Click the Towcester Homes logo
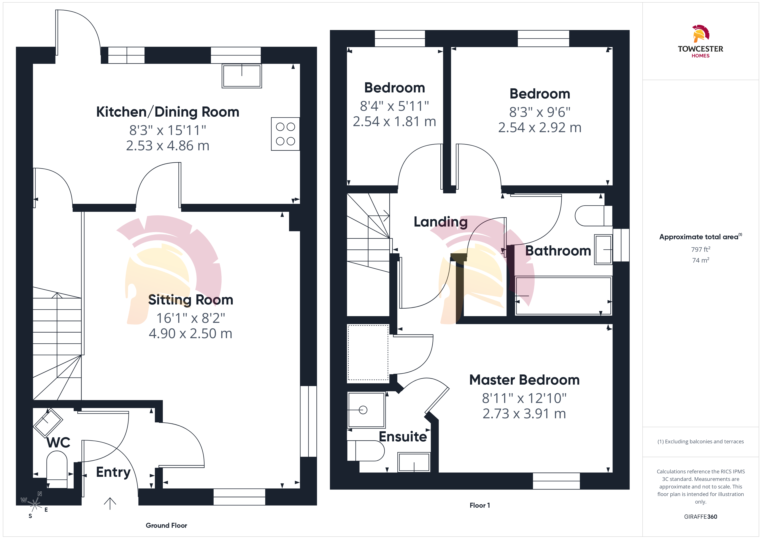coord(700,41)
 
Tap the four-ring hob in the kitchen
coord(285,134)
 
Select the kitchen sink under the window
coord(242,76)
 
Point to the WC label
coord(58,442)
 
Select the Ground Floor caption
coord(166,525)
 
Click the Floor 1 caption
coord(479,505)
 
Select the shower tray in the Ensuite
coord(366,410)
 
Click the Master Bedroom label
coord(524,380)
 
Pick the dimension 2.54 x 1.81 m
coord(394,122)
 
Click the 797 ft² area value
coord(701,249)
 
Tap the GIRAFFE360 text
coord(701,517)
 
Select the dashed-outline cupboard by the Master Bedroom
coord(368,352)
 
